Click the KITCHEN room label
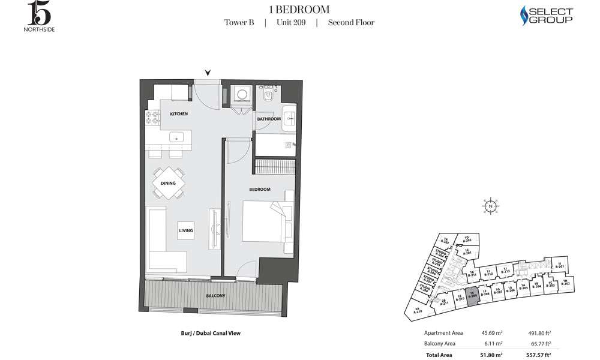point(179,114)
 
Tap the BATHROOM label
point(269,119)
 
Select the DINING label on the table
point(169,184)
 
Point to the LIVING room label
point(185,230)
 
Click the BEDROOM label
point(260,189)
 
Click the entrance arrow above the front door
point(208,73)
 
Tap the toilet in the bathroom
point(268,97)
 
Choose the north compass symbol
point(491,206)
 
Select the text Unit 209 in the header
point(290,23)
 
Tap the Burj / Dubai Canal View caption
point(206,333)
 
